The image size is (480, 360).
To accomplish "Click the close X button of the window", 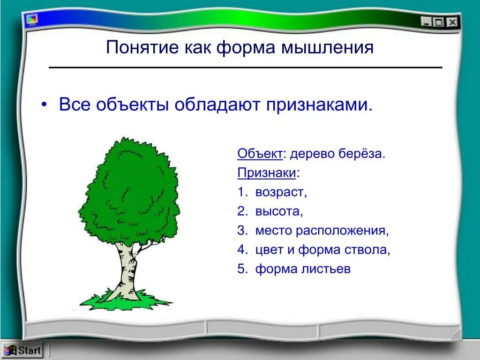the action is click(452, 22).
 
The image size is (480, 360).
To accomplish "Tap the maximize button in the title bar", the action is click(439, 22).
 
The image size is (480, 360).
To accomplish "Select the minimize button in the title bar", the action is click(426, 22).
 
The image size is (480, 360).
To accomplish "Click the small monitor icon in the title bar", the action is click(32, 20).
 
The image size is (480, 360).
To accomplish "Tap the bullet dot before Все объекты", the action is click(45, 105).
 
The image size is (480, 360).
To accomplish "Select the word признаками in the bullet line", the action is click(319, 105).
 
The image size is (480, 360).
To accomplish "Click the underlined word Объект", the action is click(260, 154).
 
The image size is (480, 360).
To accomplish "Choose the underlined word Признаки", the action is click(267, 173).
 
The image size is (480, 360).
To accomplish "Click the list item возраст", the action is click(281, 193).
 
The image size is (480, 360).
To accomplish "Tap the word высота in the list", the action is click(279, 211).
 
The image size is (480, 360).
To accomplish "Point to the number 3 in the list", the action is click(242, 230).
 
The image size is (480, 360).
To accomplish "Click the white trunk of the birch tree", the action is click(126, 270).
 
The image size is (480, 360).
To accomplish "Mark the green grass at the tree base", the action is click(126, 300).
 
